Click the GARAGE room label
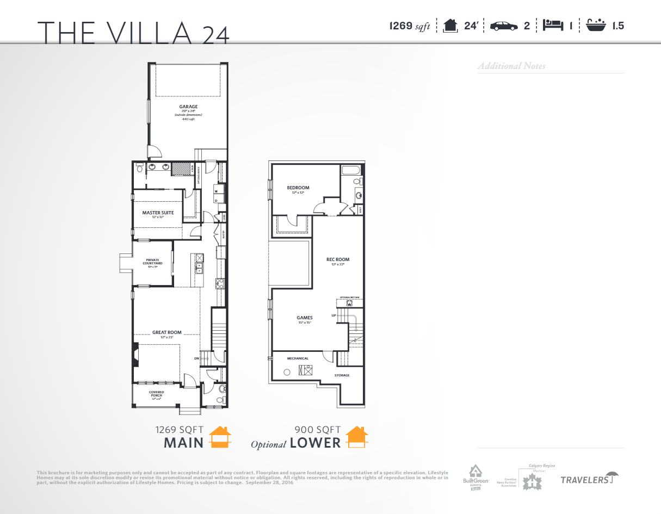pyautogui.click(x=188, y=107)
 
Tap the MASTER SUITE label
pyautogui.click(x=158, y=213)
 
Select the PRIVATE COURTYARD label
pyautogui.click(x=152, y=261)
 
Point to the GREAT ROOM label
pyautogui.click(x=167, y=332)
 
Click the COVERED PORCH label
pyautogui.click(x=156, y=392)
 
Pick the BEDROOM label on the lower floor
pyautogui.click(x=298, y=188)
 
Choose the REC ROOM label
pyautogui.click(x=337, y=259)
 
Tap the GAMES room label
pyautogui.click(x=304, y=318)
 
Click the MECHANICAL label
pyautogui.click(x=298, y=358)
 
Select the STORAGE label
pyautogui.click(x=342, y=375)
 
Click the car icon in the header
pyautogui.click(x=503, y=26)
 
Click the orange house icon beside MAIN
pyautogui.click(x=220, y=437)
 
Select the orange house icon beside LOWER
pyautogui.click(x=357, y=437)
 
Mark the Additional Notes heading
pyautogui.click(x=511, y=66)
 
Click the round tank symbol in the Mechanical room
pyautogui.click(x=287, y=373)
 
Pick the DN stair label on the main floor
pyautogui.click(x=197, y=358)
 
